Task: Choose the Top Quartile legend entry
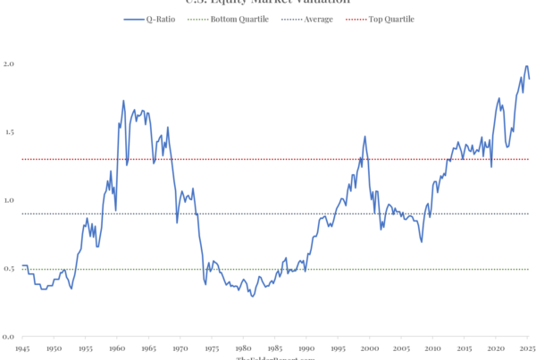point(389,18)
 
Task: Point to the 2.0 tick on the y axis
point(8,64)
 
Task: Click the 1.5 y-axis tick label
point(8,132)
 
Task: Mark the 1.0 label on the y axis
point(8,200)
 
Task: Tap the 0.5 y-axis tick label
point(8,269)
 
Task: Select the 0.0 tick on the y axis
point(8,337)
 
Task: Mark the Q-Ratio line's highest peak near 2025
point(526,66)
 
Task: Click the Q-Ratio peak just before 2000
point(364,137)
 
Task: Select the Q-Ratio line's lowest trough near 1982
point(253,296)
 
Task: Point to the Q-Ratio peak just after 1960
point(123,100)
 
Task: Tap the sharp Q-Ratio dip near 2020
point(491,166)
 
